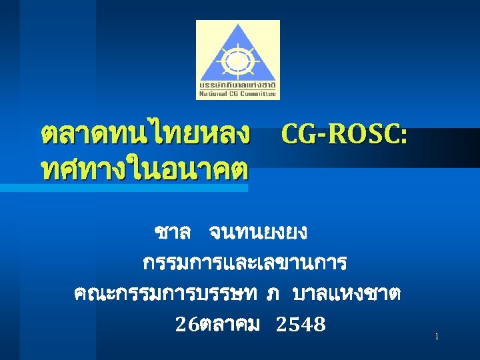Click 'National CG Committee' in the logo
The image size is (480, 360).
pos(238,94)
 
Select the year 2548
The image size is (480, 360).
pos(300,325)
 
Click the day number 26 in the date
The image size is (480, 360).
pos(185,325)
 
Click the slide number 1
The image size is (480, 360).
pos(437,337)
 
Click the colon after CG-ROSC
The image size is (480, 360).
pos(403,137)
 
